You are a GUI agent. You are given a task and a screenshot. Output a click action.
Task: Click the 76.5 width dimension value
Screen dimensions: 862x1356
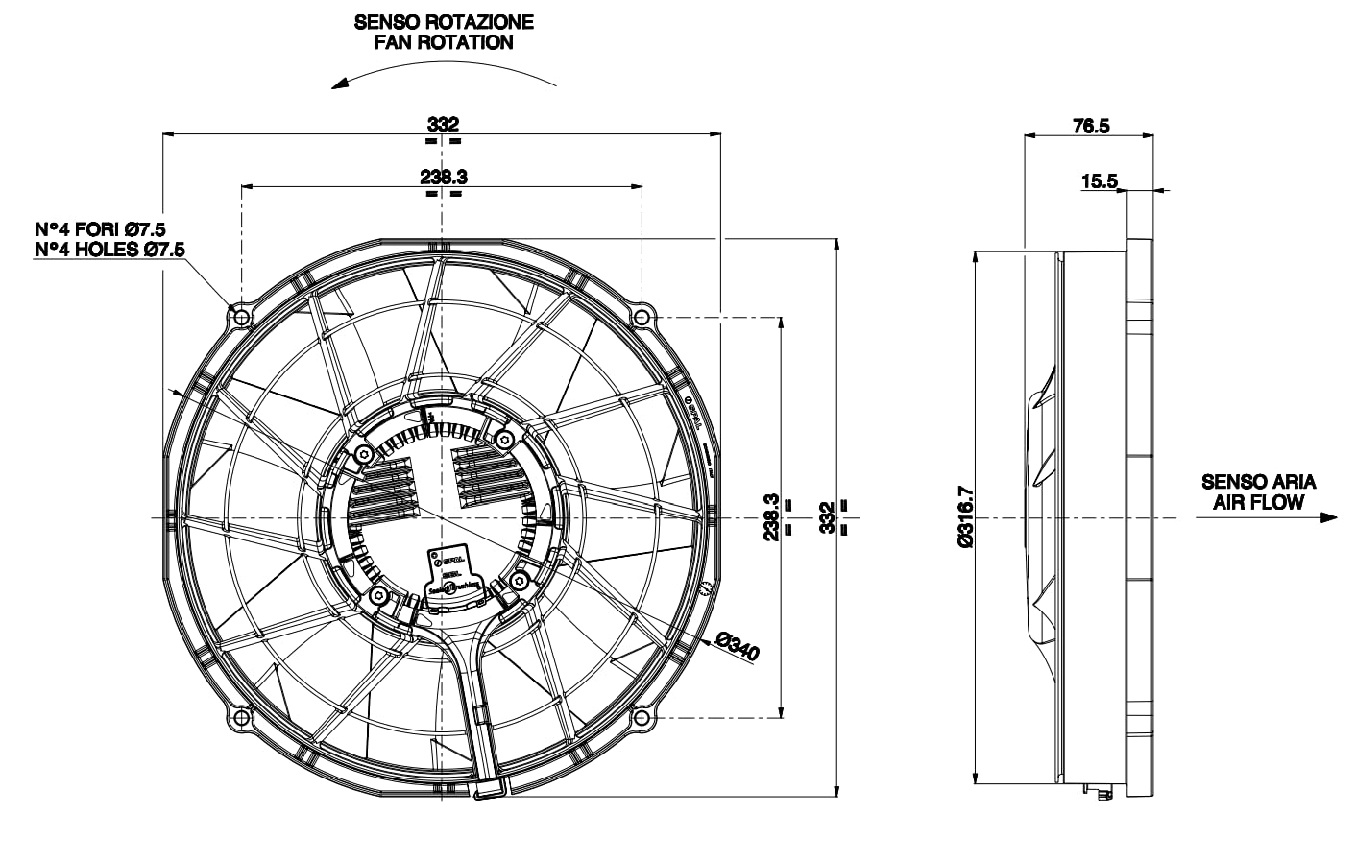[1090, 126]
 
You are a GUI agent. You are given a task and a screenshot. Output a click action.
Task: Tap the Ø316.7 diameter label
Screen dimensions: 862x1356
[966, 516]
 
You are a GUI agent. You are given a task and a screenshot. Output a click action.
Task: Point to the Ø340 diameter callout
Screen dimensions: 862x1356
[737, 649]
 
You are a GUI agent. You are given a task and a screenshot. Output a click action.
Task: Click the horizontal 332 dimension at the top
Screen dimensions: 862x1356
[443, 124]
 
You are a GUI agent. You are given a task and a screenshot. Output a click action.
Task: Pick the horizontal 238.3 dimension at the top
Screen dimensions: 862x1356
[443, 177]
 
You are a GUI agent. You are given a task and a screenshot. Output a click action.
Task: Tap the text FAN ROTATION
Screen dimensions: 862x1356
[443, 43]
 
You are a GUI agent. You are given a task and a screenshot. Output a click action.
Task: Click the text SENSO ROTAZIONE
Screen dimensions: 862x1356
[443, 21]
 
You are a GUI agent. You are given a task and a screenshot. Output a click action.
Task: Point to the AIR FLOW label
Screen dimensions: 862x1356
[1258, 502]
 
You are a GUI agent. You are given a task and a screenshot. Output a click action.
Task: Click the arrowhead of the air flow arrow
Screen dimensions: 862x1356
[1329, 517]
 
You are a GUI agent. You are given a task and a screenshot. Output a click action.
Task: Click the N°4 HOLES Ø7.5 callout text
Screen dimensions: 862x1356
[109, 250]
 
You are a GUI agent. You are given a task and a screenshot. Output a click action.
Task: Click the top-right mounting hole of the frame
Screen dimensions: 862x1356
[642, 316]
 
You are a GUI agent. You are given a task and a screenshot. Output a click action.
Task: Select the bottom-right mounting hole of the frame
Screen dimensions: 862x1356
[642, 717]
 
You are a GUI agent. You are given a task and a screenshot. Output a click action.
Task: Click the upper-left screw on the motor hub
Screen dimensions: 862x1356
[362, 453]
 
